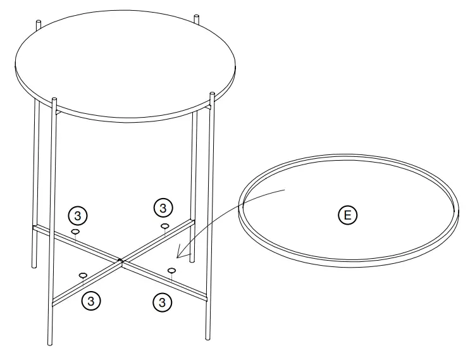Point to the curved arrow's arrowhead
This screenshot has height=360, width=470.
[179, 256]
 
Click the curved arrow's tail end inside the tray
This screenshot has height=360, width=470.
[288, 189]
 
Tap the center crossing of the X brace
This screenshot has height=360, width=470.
[120, 259]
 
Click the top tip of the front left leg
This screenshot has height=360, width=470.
[54, 100]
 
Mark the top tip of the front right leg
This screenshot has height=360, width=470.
[209, 96]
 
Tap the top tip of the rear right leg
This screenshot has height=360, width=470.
[197, 15]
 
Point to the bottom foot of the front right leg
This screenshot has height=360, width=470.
[207, 337]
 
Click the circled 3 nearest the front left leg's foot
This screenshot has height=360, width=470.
[92, 301]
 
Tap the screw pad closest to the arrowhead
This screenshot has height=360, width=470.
[171, 270]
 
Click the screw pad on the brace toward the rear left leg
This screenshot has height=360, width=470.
[75, 232]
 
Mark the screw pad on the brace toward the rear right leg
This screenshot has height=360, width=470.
[164, 225]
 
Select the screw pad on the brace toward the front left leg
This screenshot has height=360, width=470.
[83, 275]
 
